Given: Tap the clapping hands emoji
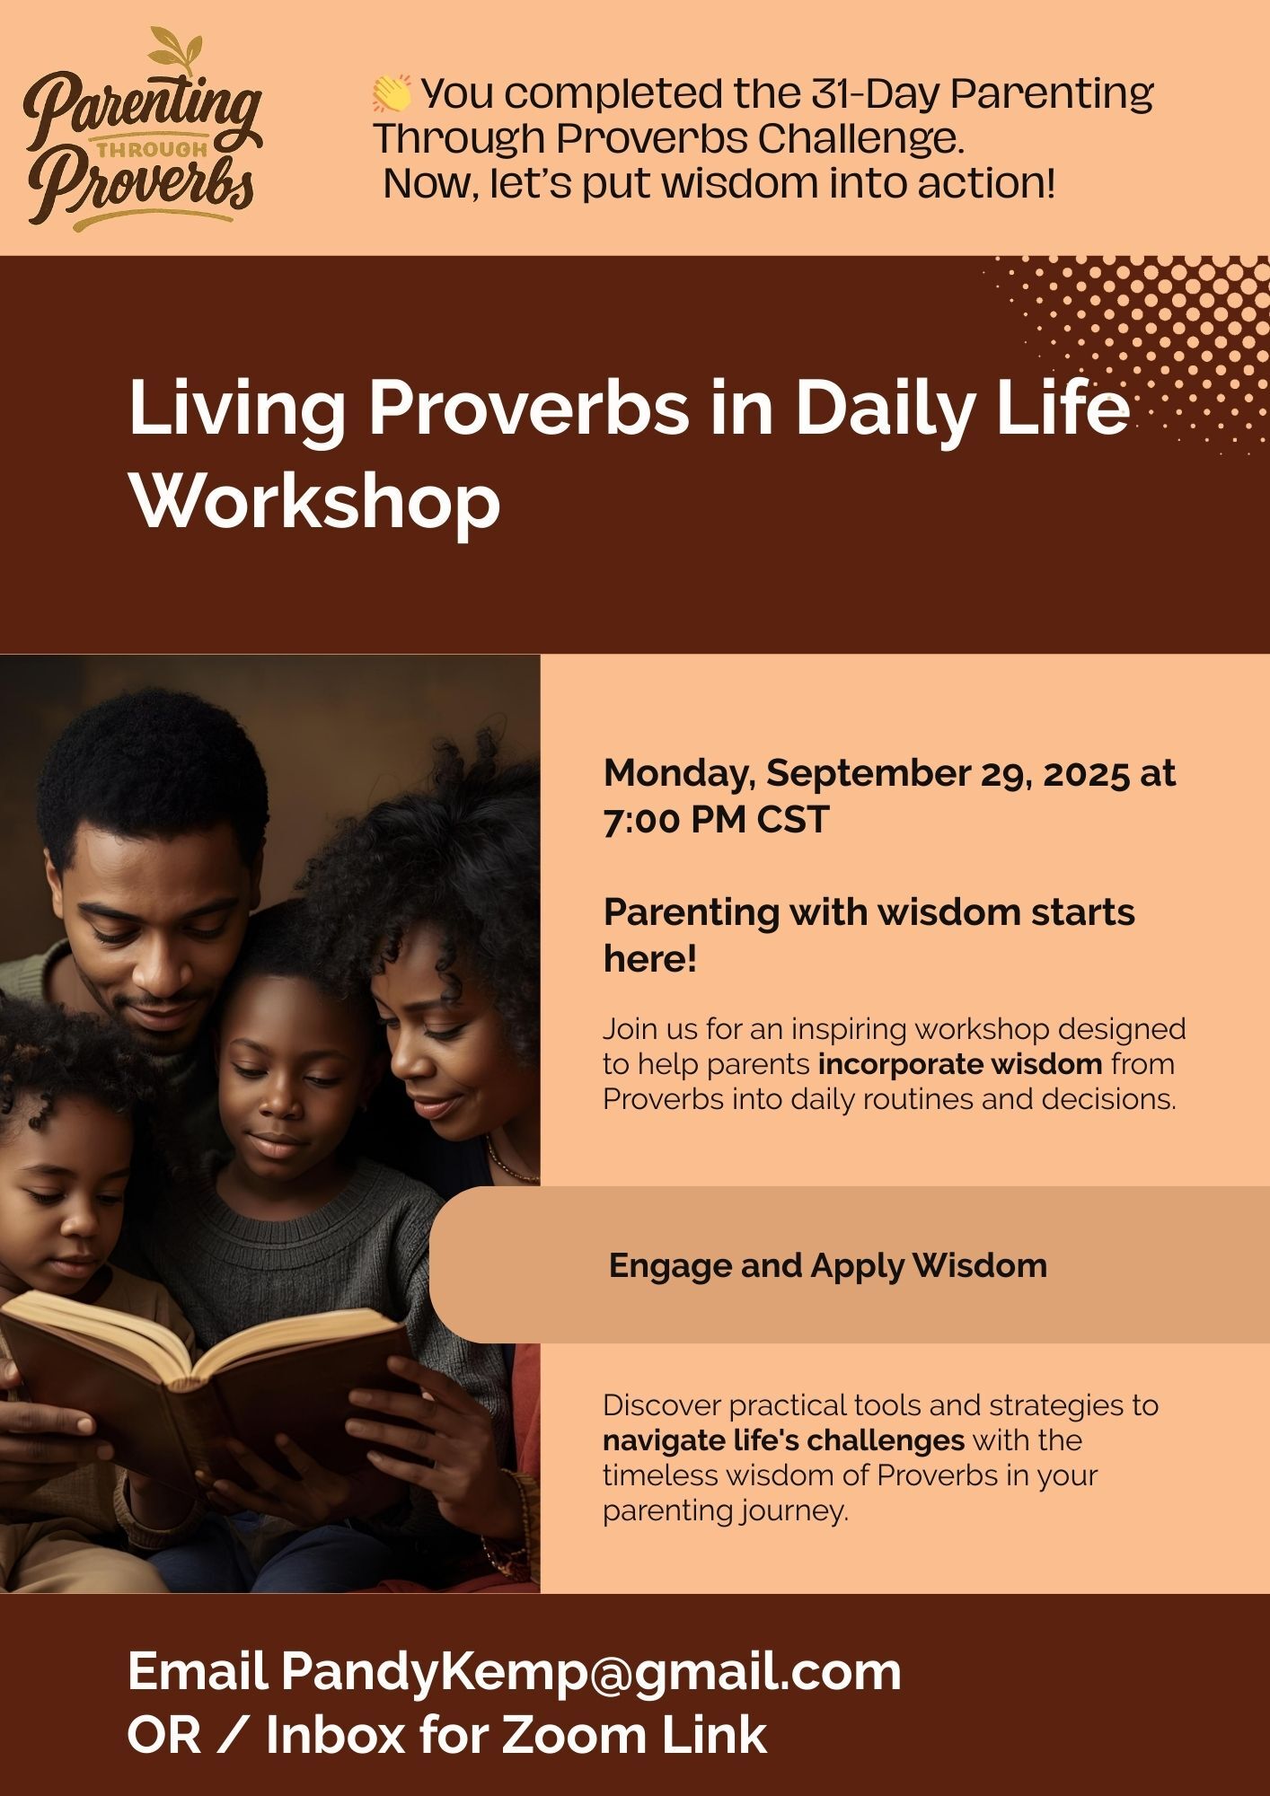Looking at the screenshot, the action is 392,93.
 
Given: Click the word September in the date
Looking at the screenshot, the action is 890,774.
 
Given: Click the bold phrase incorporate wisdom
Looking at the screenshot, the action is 960,1064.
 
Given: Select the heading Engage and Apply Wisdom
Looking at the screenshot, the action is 828,1265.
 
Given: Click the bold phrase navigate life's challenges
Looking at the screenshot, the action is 783,1440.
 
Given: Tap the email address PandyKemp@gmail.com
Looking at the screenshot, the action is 590,1672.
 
